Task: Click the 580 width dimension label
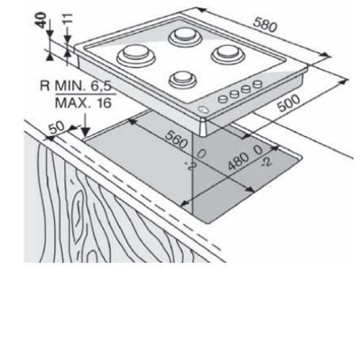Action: coord(265,24)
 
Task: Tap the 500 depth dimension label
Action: coord(289,103)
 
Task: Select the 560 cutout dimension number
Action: coord(176,140)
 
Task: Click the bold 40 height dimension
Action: coord(41,20)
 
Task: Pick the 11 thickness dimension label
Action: coord(68,18)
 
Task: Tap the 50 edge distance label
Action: coord(57,127)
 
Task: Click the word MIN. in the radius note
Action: coord(70,85)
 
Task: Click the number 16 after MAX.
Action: coord(104,103)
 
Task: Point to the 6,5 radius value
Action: coord(101,86)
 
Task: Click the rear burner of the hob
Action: coord(185,37)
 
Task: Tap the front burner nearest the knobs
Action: coord(183,79)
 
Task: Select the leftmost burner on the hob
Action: coord(136,55)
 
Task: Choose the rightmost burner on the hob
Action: coord(228,54)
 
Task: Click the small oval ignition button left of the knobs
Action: coord(204,109)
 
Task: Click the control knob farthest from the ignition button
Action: coord(258,84)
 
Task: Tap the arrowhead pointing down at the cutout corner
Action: coord(85,132)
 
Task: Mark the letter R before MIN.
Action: coord(45,85)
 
